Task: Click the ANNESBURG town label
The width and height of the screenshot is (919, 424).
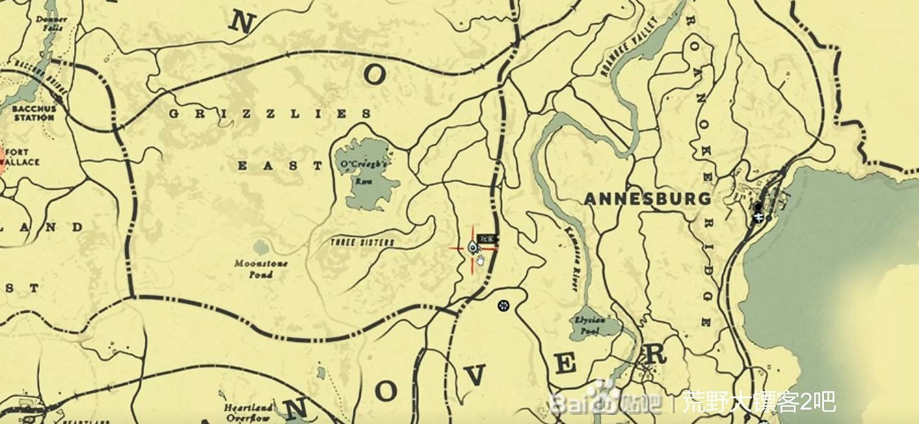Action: tap(647, 199)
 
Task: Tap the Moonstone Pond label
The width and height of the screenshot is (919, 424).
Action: tap(261, 269)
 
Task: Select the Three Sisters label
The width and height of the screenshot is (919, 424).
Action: tap(362, 243)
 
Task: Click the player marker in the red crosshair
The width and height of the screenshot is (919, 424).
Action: tap(473, 247)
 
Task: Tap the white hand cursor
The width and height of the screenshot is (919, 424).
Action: tap(480, 261)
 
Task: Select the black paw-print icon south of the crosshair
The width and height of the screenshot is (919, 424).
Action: tap(503, 305)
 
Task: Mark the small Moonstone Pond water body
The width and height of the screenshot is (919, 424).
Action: tap(261, 247)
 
